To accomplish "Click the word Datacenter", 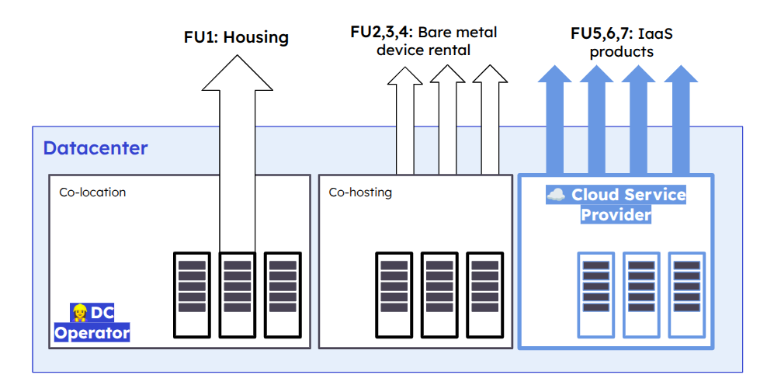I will pyautogui.click(x=95, y=148).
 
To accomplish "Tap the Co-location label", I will pyautogui.click(x=92, y=192).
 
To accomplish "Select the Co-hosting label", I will pyautogui.click(x=360, y=192).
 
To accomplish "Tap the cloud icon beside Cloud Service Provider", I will pyautogui.click(x=556, y=195).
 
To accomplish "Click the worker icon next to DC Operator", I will pyautogui.click(x=79, y=313).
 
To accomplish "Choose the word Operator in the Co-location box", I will pyautogui.click(x=92, y=333).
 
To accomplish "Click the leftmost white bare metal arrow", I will pyautogui.click(x=403, y=116).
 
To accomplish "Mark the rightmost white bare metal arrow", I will pyautogui.click(x=489, y=116).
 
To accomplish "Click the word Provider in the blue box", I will pyautogui.click(x=616, y=215).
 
